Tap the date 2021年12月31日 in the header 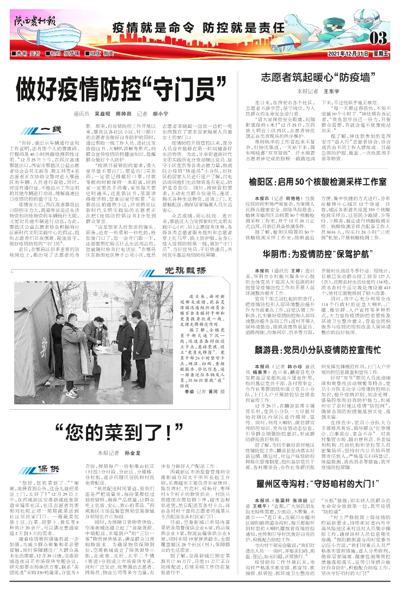click(348, 54)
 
